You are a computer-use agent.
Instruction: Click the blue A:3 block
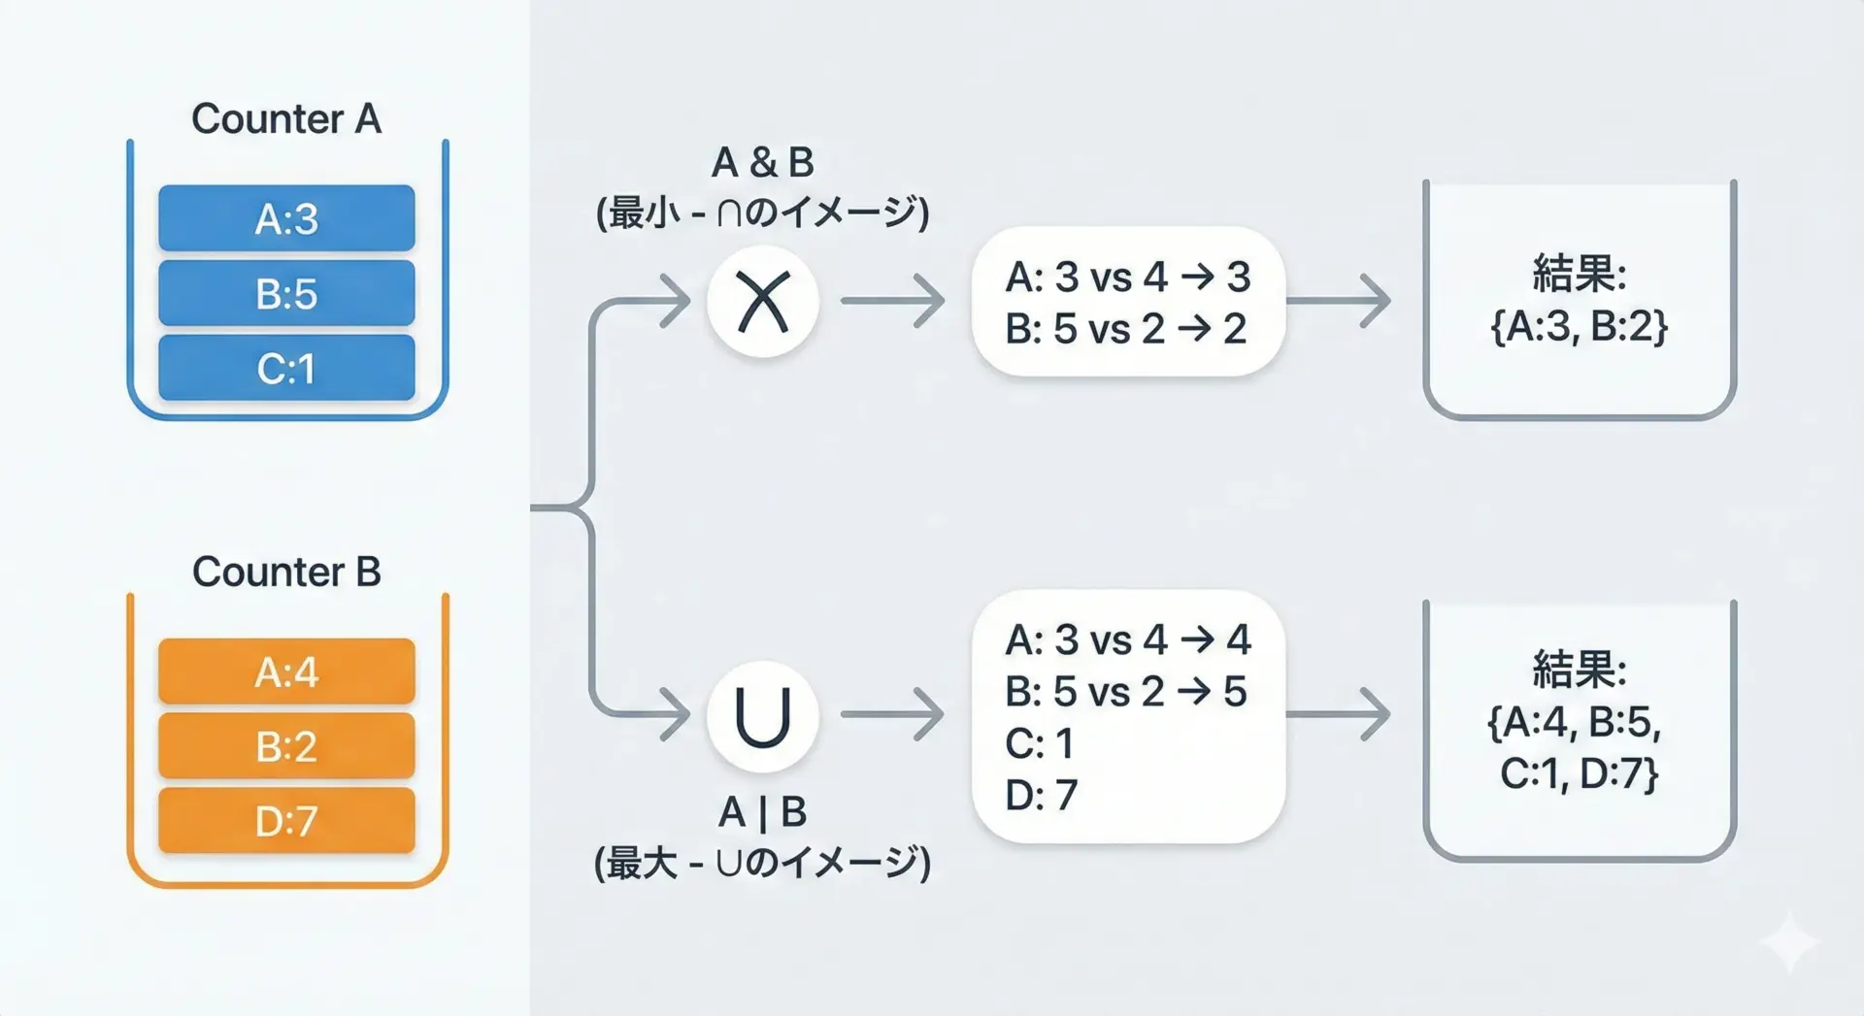286,218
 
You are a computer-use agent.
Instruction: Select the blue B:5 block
286,293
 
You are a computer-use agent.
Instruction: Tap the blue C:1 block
286,368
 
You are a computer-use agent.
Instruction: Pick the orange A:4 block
286,672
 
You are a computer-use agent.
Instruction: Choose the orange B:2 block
286,746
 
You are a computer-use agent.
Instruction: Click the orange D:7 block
286,821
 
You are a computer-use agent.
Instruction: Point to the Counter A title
286,119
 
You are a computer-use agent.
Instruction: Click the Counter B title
286,572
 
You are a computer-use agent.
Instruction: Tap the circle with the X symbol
763,302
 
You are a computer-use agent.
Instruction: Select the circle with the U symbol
763,717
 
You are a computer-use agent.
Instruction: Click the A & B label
763,162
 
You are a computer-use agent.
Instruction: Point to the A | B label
763,812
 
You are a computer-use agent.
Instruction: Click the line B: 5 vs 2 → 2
1125,329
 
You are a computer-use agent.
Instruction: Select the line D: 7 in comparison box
1041,795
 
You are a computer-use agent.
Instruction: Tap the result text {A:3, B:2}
1580,326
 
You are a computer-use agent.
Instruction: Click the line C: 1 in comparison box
1039,743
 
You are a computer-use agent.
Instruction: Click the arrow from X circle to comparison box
893,301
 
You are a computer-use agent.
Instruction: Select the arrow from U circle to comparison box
893,715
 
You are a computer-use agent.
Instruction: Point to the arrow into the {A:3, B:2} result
1339,301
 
